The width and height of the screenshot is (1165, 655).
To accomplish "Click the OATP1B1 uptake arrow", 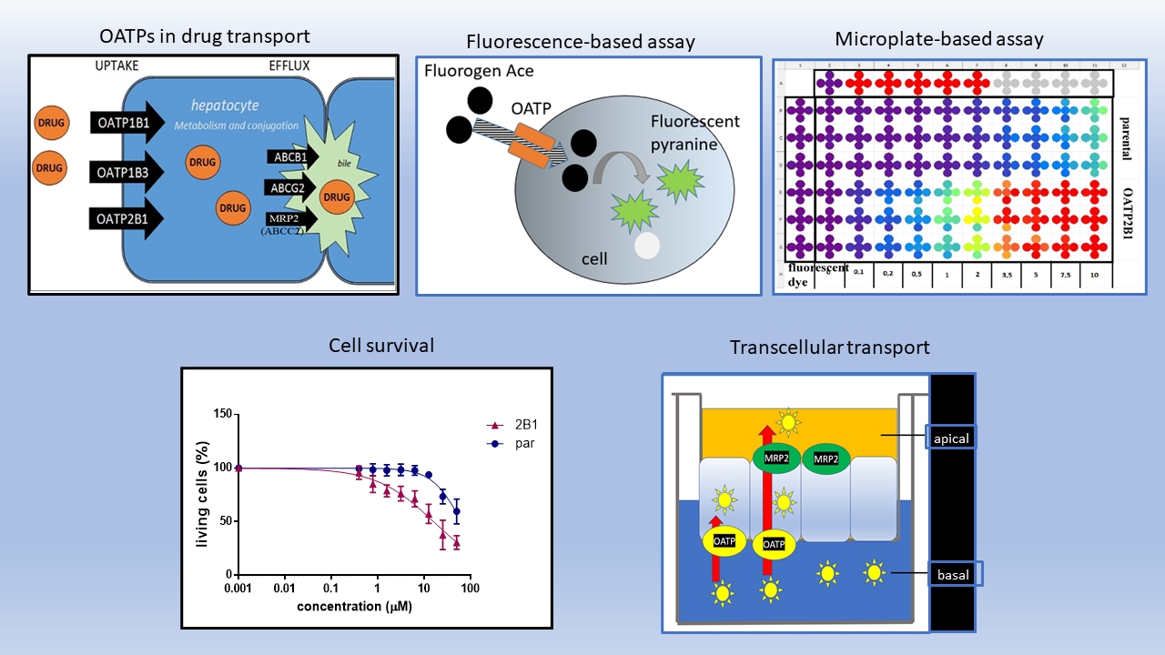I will click(126, 121).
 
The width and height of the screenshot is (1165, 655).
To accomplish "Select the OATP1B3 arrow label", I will click(126, 169).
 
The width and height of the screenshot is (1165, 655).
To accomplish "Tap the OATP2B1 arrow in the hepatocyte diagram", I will click(126, 218).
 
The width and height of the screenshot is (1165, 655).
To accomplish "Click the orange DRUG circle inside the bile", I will click(337, 197).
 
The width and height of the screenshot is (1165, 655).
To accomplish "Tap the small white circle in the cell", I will click(646, 245).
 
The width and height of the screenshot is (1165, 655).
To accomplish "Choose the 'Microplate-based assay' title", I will click(939, 39).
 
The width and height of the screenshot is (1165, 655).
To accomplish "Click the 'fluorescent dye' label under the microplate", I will click(818, 275).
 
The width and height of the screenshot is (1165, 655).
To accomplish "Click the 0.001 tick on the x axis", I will click(238, 590).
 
